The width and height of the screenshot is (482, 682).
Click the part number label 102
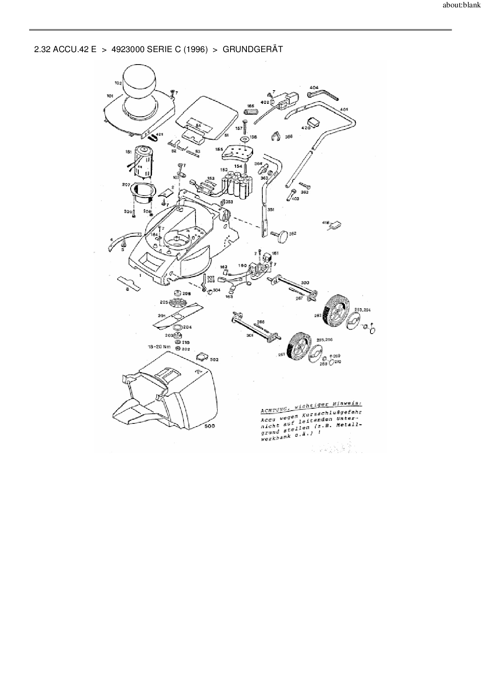pyautogui.click(x=118, y=83)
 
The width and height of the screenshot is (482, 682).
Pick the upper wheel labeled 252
pyautogui.click(x=335, y=310)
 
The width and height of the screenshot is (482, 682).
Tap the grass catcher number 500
pyautogui.click(x=210, y=426)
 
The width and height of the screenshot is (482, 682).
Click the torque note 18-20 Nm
pyautogui.click(x=159, y=346)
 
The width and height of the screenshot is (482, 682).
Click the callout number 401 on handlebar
pyautogui.click(x=344, y=109)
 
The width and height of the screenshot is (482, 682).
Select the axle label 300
pyautogui.click(x=305, y=283)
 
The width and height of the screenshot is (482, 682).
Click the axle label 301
pyautogui.click(x=250, y=335)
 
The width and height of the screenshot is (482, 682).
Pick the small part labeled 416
pyautogui.click(x=336, y=225)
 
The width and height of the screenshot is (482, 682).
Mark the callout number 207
pyautogui.click(x=126, y=185)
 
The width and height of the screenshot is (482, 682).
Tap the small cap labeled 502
pyautogui.click(x=203, y=356)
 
